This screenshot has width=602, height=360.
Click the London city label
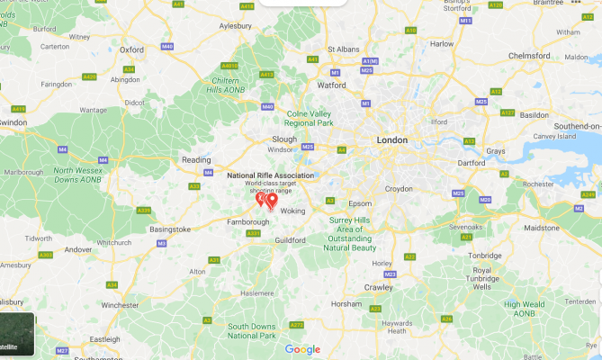[392, 140]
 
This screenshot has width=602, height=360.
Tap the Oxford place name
[132, 50]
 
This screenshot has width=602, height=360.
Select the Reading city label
[196, 159]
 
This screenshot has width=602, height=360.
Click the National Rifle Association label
[270, 175]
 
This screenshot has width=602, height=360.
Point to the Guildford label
[290, 240]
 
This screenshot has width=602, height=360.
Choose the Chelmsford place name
[528, 56]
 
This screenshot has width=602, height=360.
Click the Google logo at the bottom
[302, 349]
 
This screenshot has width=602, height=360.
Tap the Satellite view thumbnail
[16, 335]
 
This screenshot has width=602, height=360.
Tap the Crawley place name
[377, 287]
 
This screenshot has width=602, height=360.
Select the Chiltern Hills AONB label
[225, 84]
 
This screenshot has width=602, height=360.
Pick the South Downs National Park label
[252, 330]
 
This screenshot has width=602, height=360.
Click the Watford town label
[332, 85]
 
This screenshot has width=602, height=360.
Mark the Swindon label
[13, 121]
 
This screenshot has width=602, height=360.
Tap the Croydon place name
[398, 189]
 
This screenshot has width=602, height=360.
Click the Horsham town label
[346, 304]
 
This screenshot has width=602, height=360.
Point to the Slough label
[284, 139]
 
